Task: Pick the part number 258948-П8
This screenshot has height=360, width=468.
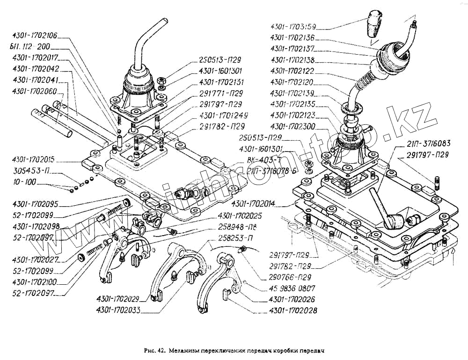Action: pyautogui.click(x=240, y=228)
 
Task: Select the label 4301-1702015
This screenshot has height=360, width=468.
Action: pyautogui.click(x=36, y=159)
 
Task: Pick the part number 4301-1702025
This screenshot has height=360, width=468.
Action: pyautogui.click(x=239, y=216)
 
